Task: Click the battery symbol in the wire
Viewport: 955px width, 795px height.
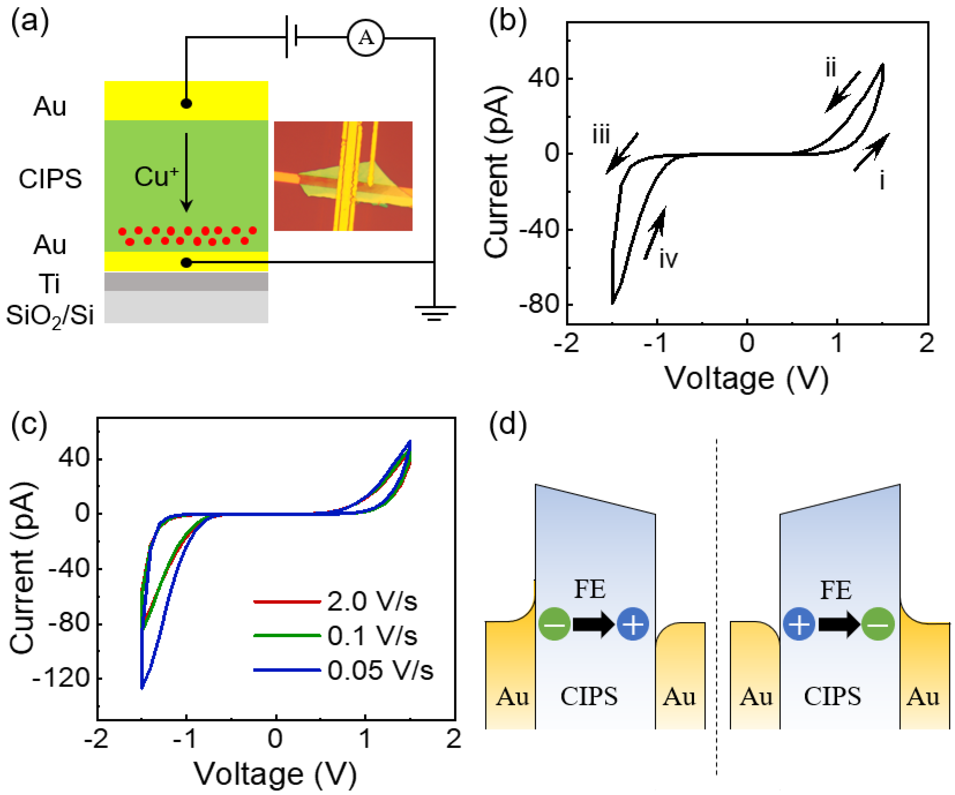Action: pyautogui.click(x=291, y=37)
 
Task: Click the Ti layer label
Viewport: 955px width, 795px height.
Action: pyautogui.click(x=50, y=284)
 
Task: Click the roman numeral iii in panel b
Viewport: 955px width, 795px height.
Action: pyautogui.click(x=601, y=135)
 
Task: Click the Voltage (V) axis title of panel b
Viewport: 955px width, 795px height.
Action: pyautogui.click(x=747, y=378)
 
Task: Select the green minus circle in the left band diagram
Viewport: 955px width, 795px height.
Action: pyautogui.click(x=554, y=624)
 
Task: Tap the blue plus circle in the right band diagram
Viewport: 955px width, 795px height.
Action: pyautogui.click(x=799, y=624)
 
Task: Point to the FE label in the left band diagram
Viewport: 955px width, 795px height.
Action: pyautogui.click(x=590, y=589)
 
